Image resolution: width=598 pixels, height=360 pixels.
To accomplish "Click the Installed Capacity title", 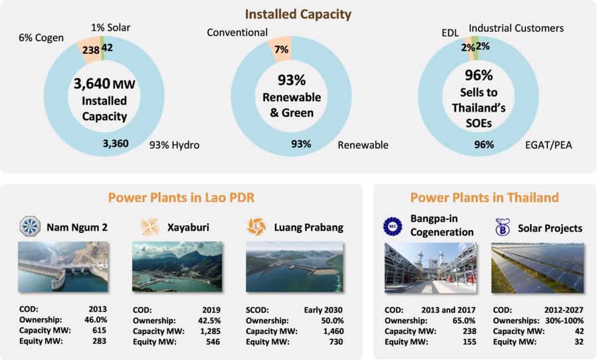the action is tap(298, 14).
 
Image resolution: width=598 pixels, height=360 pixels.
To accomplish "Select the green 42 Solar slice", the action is tap(102, 48).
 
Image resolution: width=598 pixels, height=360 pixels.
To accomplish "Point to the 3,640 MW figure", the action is tap(104, 84).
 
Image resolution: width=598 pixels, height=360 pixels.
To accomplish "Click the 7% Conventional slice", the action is tap(281, 48).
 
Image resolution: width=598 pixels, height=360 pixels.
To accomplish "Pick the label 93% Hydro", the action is tap(174, 145).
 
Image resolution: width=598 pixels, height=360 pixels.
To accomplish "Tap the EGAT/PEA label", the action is tap(548, 145).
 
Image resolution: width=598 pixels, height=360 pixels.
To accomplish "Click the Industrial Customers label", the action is tap(516, 28).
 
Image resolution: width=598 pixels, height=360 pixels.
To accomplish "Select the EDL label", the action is tap(450, 33).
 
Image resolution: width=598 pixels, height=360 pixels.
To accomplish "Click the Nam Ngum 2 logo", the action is tap(30, 226).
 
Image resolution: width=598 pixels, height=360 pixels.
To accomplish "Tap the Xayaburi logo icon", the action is tap(149, 226).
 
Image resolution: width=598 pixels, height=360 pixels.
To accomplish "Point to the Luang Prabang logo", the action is tap(256, 226).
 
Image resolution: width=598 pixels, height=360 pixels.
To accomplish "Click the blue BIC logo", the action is tap(393, 226).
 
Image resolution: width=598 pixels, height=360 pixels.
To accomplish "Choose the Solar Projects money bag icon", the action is tap(502, 227).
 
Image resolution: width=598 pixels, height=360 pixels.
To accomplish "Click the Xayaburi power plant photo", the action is tap(177, 266).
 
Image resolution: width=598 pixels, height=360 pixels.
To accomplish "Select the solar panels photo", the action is tap(538, 268).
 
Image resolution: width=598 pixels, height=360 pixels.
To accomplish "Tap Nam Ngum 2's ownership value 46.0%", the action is tap(96, 319).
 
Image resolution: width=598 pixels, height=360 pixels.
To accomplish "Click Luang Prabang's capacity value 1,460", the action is tap(334, 331).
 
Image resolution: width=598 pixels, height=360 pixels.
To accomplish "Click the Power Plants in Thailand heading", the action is tap(484, 197).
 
